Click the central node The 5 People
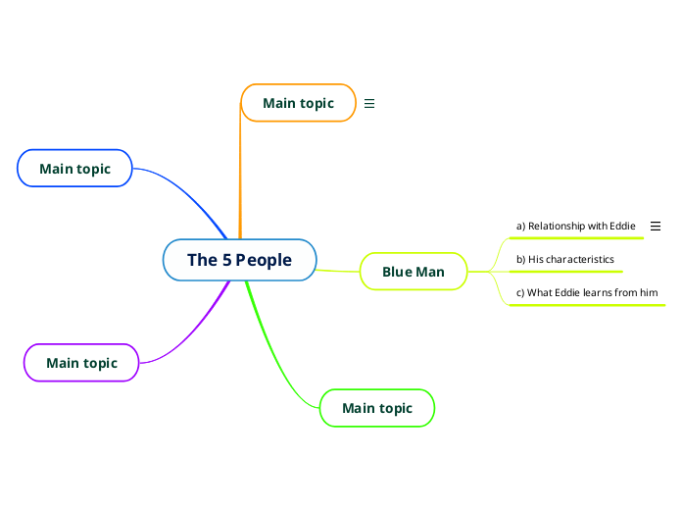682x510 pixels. click(239, 260)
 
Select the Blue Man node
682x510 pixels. click(413, 272)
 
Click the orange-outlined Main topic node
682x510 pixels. click(298, 103)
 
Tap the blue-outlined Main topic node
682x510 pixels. click(74, 169)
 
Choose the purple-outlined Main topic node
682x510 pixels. click(81, 363)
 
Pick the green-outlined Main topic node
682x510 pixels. click(376, 408)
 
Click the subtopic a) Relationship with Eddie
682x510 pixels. click(575, 226)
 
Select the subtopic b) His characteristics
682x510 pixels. click(564, 259)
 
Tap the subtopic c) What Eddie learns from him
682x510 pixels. click(586, 292)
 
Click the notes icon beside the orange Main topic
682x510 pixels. click(369, 103)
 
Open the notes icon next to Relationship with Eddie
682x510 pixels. click(656, 226)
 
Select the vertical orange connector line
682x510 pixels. click(240, 177)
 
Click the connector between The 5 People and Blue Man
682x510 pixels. click(339, 270)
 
